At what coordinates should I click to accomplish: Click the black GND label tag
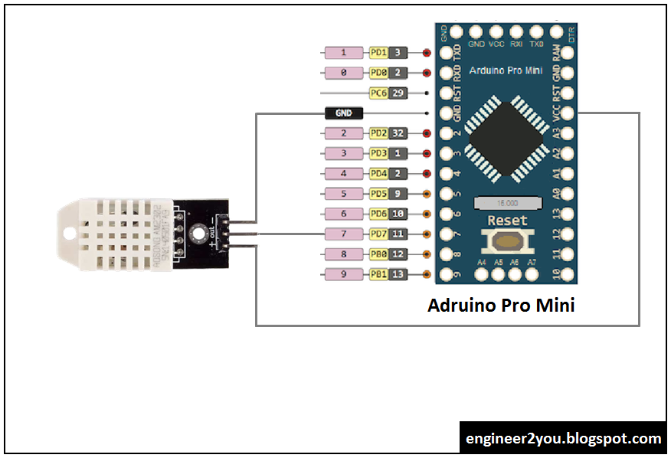tap(344, 113)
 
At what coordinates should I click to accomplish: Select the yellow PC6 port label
tap(378, 93)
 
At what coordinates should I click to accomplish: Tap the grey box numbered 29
tap(398, 93)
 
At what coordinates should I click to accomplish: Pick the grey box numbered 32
tap(398, 133)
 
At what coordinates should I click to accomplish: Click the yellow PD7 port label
tap(378, 234)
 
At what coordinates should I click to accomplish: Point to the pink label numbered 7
tap(344, 234)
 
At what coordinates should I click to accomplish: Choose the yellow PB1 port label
tap(378, 274)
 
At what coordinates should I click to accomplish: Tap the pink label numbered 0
tap(344, 73)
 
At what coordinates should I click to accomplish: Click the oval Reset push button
tap(507, 242)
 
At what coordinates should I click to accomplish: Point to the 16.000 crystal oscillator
tap(507, 203)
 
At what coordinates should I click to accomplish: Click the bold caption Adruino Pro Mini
tap(501, 306)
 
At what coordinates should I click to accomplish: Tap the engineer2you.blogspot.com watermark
tap(563, 439)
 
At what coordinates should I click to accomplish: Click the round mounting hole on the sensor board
tap(201, 232)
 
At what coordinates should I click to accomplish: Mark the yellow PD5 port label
tap(378, 194)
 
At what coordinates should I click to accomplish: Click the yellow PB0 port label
tap(378, 254)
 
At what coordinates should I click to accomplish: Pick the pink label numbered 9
tap(344, 274)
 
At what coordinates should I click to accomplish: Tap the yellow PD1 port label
tap(378, 53)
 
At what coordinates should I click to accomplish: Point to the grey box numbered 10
tap(398, 214)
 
